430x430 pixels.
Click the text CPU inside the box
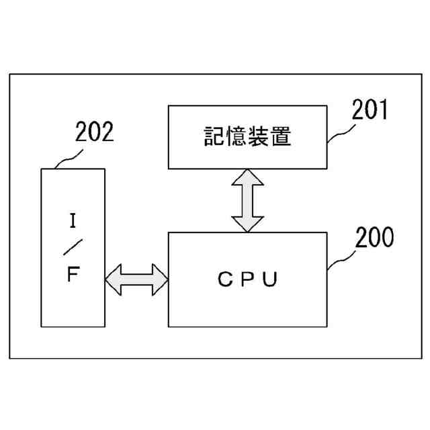pyautogui.click(x=247, y=279)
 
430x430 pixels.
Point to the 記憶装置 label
pyautogui.click(x=247, y=137)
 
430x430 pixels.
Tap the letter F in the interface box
pyautogui.click(x=72, y=276)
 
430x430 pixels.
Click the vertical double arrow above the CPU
pyautogui.click(x=248, y=200)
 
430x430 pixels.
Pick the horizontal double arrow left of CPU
pyautogui.click(x=136, y=279)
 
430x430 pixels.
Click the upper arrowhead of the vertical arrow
pyautogui.click(x=248, y=177)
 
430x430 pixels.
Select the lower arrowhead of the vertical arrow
pyautogui.click(x=248, y=224)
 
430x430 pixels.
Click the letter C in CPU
pyautogui.click(x=223, y=279)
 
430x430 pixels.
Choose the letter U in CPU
pyautogui.click(x=269, y=279)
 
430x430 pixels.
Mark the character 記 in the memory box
pyautogui.click(x=214, y=137)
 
